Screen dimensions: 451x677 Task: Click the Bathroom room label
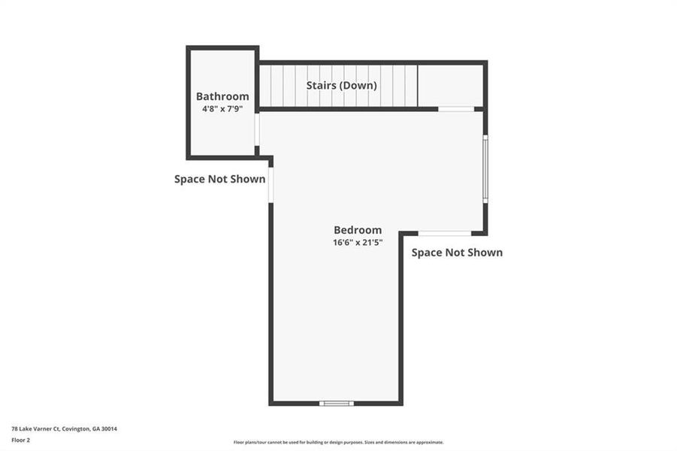(222, 96)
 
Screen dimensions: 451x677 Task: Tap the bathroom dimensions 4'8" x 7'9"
(222, 109)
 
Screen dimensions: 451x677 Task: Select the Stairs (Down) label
(341, 86)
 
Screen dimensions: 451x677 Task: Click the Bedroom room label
(358, 230)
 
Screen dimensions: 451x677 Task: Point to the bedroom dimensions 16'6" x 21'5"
(358, 243)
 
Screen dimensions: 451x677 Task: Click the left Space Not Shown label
(219, 179)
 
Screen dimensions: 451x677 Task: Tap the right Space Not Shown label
(457, 253)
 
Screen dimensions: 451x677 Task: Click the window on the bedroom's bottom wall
(336, 404)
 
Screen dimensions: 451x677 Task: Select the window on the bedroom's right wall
(485, 168)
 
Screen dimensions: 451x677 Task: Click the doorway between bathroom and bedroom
(257, 129)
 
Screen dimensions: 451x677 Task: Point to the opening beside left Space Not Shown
(270, 184)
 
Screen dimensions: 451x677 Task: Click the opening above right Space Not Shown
(445, 233)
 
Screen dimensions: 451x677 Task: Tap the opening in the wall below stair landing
(456, 110)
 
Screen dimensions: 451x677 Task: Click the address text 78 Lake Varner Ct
(37, 428)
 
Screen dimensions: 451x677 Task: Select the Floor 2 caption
(20, 440)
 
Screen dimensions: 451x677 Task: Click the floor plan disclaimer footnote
(338, 443)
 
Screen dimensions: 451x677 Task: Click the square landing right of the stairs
(450, 86)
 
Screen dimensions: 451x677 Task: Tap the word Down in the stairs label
(359, 86)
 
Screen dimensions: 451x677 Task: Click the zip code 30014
(109, 428)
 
